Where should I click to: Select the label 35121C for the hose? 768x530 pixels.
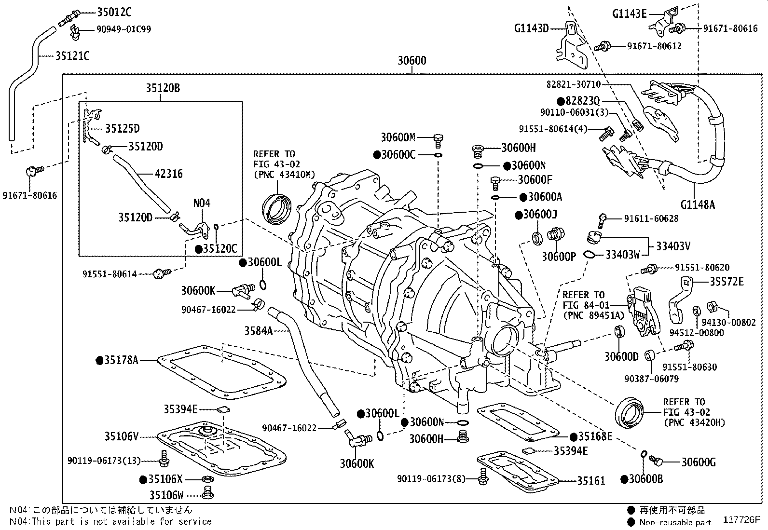coord(72,56)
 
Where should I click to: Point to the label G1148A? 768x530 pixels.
coord(698,204)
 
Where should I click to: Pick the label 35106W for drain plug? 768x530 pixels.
coord(166,495)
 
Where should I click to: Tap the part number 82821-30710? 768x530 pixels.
coord(574,84)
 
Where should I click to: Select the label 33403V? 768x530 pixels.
coord(673,246)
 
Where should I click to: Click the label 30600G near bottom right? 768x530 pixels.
coord(698,462)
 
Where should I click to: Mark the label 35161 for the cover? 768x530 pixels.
coord(591,480)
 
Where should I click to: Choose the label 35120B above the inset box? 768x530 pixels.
coord(163,88)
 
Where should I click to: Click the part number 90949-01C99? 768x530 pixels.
coord(123,29)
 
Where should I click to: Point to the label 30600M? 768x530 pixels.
coord(398,137)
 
